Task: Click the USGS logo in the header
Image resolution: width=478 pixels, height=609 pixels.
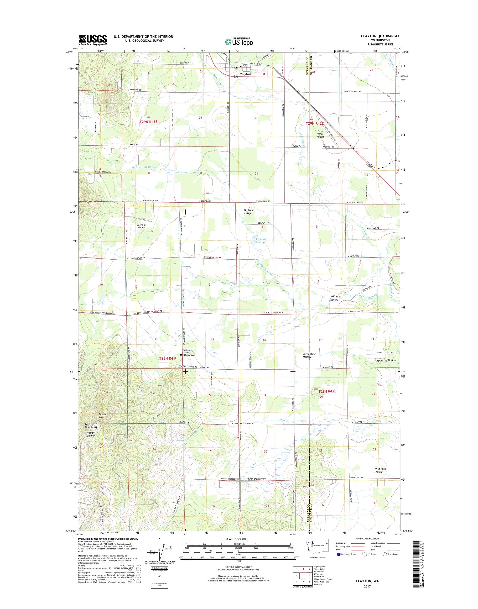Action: (93, 40)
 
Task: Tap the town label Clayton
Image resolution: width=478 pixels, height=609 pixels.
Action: (245, 74)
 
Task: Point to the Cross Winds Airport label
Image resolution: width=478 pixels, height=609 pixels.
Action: (320, 134)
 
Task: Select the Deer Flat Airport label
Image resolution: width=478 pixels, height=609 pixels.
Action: (142, 226)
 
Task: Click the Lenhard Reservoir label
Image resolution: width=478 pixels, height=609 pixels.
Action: (261, 240)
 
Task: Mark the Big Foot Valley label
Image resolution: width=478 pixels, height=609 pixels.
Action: (247, 212)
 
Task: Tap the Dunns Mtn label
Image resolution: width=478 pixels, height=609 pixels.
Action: (101, 416)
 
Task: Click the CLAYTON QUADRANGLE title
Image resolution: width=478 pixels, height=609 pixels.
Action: (380, 36)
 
